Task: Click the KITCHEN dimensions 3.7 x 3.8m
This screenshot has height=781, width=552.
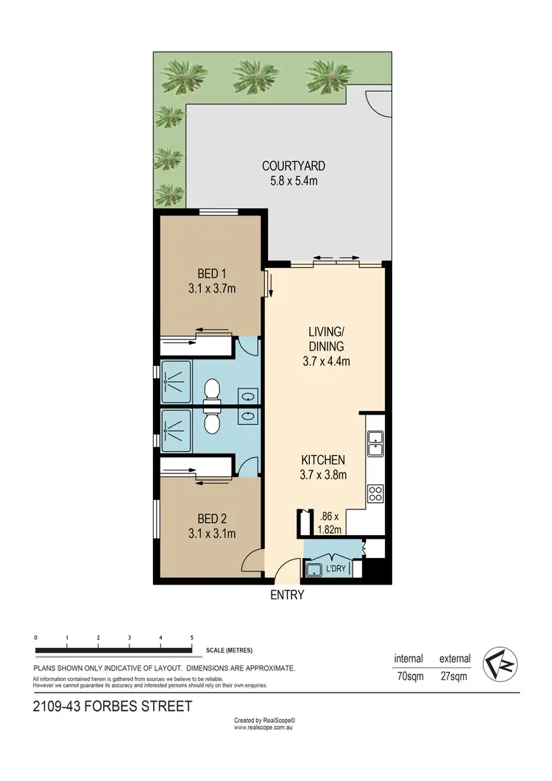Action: point(322,475)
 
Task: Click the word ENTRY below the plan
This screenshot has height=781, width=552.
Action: point(287,595)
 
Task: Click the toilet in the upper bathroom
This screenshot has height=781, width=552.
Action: point(212,387)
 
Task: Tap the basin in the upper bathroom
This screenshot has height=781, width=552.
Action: point(247,396)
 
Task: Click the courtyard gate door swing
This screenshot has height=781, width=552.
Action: point(378,103)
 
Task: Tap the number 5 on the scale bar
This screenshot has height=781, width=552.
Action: point(192,637)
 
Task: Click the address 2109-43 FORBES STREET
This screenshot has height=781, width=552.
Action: point(113,707)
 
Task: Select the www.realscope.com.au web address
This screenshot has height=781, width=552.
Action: point(263,727)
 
